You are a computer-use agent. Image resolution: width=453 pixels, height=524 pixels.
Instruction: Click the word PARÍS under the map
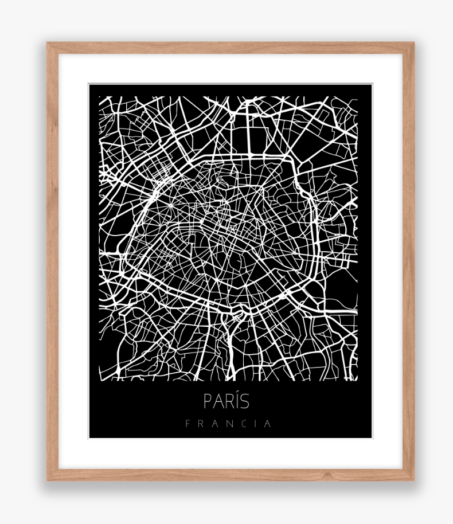coord(226,401)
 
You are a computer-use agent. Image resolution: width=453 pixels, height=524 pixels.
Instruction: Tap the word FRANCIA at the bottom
coord(228,424)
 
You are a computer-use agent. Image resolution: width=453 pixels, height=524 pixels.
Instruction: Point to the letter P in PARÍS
coord(208,401)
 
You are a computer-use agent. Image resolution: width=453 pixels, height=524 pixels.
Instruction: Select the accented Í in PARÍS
coord(236,400)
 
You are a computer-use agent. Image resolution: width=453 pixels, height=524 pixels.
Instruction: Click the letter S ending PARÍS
coord(245,401)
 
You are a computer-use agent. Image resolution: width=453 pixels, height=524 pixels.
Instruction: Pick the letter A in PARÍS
coord(217,401)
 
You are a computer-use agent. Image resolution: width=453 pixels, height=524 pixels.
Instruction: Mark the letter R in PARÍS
coord(228,401)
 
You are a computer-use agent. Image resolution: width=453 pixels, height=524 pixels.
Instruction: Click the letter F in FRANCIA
coord(188,424)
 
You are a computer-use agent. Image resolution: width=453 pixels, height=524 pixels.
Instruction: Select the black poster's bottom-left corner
coord(90,437)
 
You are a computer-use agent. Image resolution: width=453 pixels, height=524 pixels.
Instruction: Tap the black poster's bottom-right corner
coord(371,437)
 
